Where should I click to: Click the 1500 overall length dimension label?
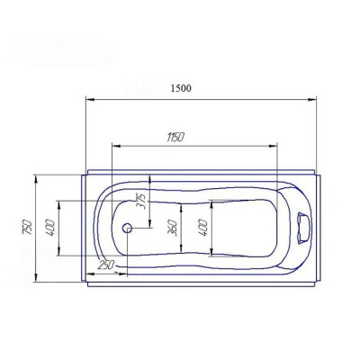pyautogui.click(x=181, y=88)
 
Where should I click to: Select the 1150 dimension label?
pyautogui.click(x=175, y=137)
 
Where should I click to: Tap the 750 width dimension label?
pyautogui.click(x=27, y=228)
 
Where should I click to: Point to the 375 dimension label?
pyautogui.click(x=140, y=201)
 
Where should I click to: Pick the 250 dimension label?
pyautogui.click(x=106, y=265)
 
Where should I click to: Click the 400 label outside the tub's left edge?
pyautogui.click(x=50, y=228)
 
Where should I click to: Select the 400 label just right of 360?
pyautogui.click(x=202, y=228)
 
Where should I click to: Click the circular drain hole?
pyautogui.click(x=127, y=229)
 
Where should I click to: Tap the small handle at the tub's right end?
pyautogui.click(x=302, y=228)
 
